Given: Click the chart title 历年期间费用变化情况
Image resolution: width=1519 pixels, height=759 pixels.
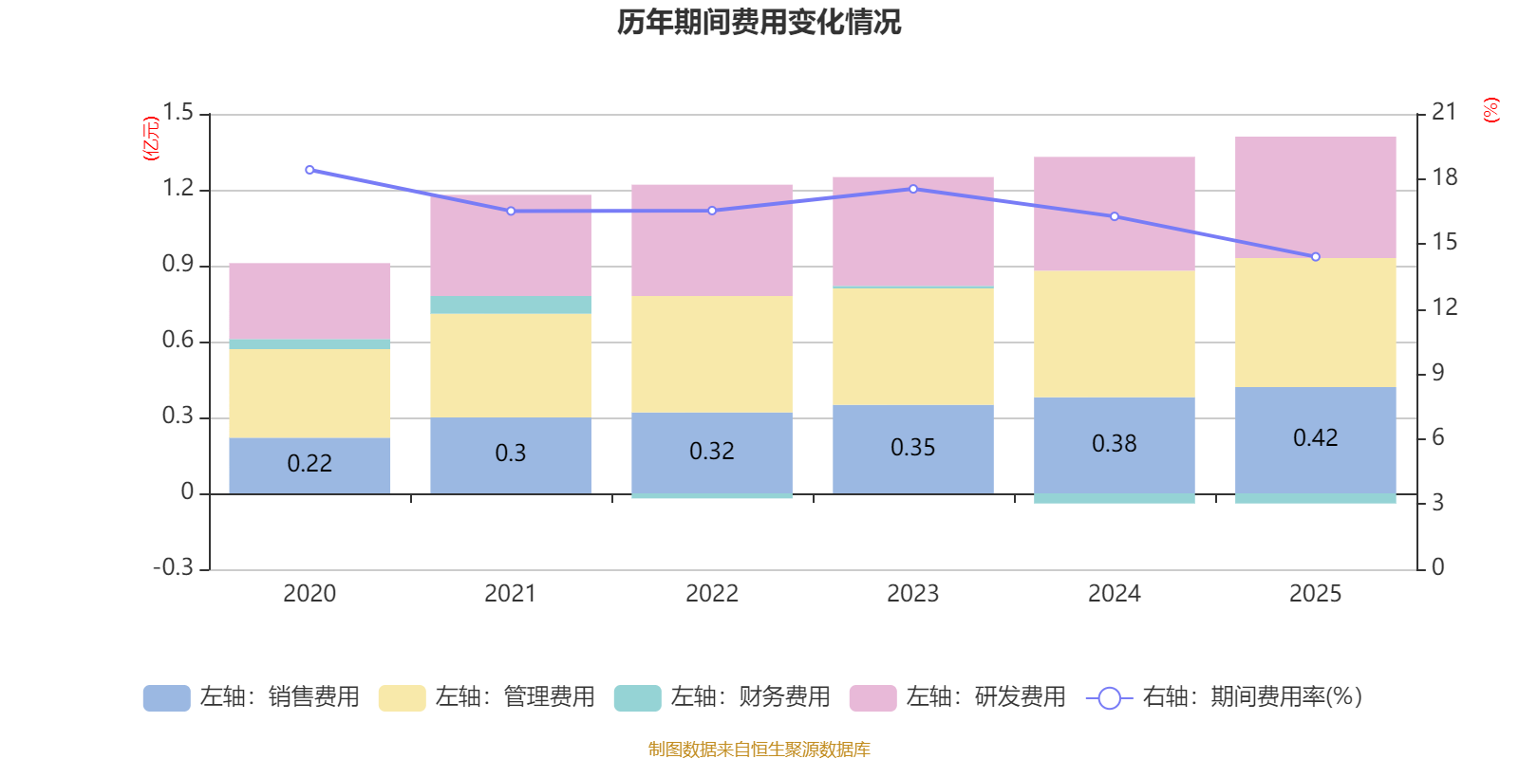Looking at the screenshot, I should [759, 22].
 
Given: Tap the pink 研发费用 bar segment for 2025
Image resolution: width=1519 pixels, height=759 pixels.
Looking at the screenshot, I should [1315, 197].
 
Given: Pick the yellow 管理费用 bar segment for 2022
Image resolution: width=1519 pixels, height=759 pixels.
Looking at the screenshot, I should [712, 354].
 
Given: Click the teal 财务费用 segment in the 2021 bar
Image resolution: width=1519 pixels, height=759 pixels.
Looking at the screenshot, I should [511, 305].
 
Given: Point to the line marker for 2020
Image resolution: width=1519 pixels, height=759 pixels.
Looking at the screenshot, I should [309, 170].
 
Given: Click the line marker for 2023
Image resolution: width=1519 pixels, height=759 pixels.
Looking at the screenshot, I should [913, 189].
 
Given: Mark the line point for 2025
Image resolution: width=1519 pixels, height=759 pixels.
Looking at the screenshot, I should [1316, 257].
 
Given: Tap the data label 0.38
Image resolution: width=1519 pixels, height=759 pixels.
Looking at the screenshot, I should [1114, 444].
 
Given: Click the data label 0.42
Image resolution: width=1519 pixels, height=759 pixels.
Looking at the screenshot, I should [1315, 437].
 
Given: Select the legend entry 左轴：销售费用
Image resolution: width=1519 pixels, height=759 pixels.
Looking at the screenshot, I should [252, 697].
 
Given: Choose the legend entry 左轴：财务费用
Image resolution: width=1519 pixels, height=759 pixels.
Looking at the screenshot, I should [722, 697].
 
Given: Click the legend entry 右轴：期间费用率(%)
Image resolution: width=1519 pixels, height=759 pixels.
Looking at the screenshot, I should [1224, 697].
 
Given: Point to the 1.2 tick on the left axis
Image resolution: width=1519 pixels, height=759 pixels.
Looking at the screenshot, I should [178, 189].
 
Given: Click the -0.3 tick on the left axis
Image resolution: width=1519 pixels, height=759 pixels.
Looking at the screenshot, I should [173, 567].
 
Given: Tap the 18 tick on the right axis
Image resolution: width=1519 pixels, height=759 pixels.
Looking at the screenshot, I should [1444, 177].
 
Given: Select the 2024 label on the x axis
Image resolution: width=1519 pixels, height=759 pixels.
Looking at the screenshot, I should [1114, 594].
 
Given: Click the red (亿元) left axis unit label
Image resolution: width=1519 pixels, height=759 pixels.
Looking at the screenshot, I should [151, 139].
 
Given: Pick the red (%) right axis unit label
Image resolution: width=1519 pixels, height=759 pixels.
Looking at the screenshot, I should [1491, 110].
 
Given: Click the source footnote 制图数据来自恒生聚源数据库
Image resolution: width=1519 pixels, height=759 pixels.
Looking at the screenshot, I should [759, 750].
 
